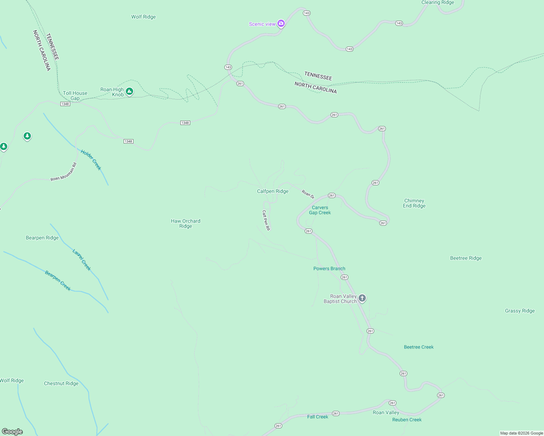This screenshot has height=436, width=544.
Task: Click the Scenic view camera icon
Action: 281,24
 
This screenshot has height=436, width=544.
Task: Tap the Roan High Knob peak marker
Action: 129,92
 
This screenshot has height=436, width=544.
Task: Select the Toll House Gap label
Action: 75,96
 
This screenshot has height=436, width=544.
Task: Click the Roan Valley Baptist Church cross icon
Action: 362,298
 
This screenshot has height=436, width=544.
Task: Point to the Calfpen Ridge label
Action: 273,191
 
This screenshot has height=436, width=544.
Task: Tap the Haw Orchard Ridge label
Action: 185,223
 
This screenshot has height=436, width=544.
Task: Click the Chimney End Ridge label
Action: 414,203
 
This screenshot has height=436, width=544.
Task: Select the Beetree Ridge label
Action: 466,258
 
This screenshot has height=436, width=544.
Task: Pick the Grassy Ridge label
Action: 520,311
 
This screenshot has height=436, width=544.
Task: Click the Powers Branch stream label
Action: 329,269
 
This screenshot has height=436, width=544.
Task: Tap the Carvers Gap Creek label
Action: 320,210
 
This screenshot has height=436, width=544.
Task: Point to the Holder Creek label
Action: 91,160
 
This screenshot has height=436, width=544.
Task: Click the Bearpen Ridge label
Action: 42,238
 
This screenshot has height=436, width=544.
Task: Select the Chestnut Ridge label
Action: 61,383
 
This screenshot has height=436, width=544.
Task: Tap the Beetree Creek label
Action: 419,347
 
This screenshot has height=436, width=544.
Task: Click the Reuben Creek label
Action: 407,420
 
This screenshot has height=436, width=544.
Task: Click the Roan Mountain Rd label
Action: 64,172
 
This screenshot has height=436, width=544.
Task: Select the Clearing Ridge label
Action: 437,3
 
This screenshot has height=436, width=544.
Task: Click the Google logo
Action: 12,432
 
